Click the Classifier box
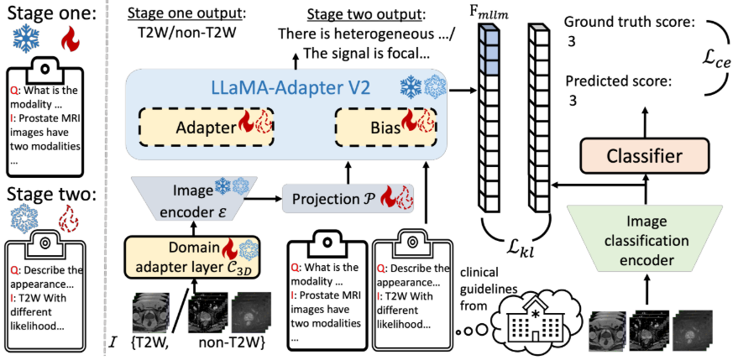(644, 156)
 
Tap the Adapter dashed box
(207, 128)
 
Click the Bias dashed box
(385, 128)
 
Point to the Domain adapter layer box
(192, 256)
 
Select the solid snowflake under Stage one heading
(26, 39)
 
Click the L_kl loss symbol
(521, 247)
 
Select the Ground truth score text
(630, 22)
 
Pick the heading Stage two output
(364, 14)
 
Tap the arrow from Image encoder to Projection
(263, 199)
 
